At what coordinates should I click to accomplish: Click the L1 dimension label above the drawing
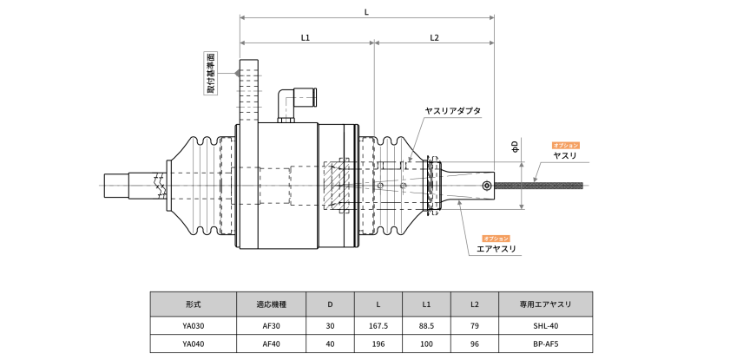pos(306,37)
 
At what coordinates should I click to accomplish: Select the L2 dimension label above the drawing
pos(434,37)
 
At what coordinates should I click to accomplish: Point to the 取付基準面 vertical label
pos(211,73)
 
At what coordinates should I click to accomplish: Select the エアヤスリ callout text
pos(496,249)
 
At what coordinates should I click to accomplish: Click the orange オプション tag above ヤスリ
pos(565,145)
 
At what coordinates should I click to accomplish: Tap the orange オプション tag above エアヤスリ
pos(496,238)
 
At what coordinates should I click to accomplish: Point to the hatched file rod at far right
pos(538,185)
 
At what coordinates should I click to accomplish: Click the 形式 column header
pos(193,304)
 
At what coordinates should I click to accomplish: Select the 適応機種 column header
pos(271,304)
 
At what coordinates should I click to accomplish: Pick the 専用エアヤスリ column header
pos(545,304)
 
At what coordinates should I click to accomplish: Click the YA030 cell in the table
pos(193,326)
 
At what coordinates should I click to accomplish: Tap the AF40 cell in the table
pos(271,344)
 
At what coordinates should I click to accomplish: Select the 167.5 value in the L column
pos(378,326)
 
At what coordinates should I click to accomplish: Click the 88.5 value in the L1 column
pos(426,326)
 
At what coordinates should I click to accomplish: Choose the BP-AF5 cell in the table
pos(545,344)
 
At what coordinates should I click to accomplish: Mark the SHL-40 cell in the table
pos(545,326)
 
